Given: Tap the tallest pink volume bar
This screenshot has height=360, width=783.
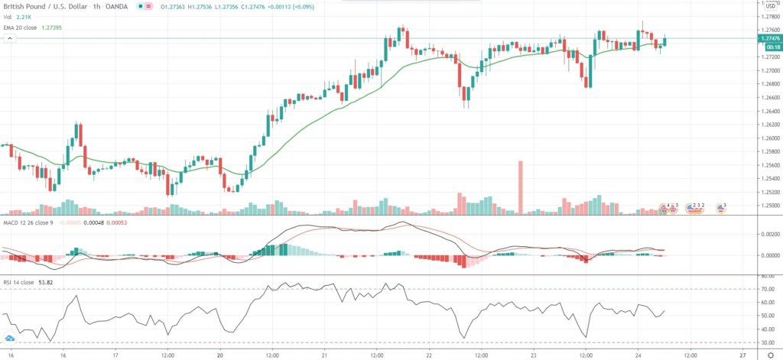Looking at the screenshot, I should click(x=520, y=187).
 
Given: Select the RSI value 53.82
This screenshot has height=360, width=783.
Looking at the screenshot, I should click(x=53, y=282).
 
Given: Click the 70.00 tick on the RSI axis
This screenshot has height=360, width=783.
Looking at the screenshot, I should click(x=765, y=290).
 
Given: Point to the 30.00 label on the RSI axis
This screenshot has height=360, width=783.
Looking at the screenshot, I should click(x=765, y=343).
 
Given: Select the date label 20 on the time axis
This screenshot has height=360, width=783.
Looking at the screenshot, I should click(x=219, y=355).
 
